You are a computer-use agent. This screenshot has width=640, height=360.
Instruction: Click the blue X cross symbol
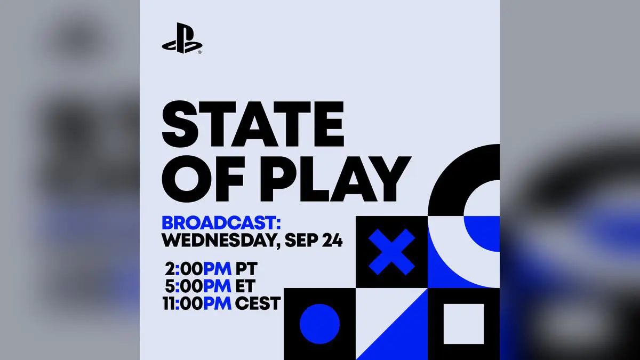tap(391, 252)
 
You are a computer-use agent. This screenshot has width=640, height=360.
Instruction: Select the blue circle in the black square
tap(319, 324)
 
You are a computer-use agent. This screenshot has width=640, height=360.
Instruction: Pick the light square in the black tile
tap(463, 324)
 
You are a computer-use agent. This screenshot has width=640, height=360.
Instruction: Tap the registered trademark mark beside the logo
tap(199, 52)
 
